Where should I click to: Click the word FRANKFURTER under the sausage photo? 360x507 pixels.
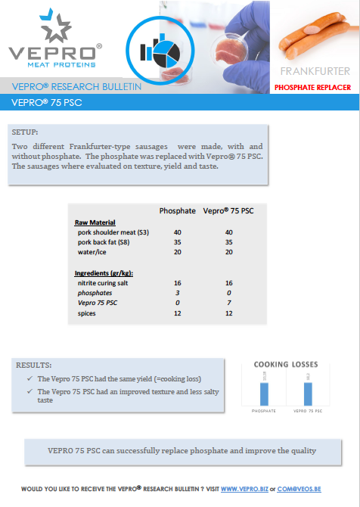point(315,72)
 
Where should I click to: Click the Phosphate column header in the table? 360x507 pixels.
point(178,210)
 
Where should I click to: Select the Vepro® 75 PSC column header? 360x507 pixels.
point(228,210)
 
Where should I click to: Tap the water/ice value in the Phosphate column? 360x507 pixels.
point(178,252)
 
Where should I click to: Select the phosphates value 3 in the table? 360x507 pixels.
point(178,291)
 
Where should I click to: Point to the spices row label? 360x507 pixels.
point(88,312)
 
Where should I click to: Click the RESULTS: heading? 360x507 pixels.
point(34,365)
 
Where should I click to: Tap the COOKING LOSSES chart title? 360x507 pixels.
point(286,364)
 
